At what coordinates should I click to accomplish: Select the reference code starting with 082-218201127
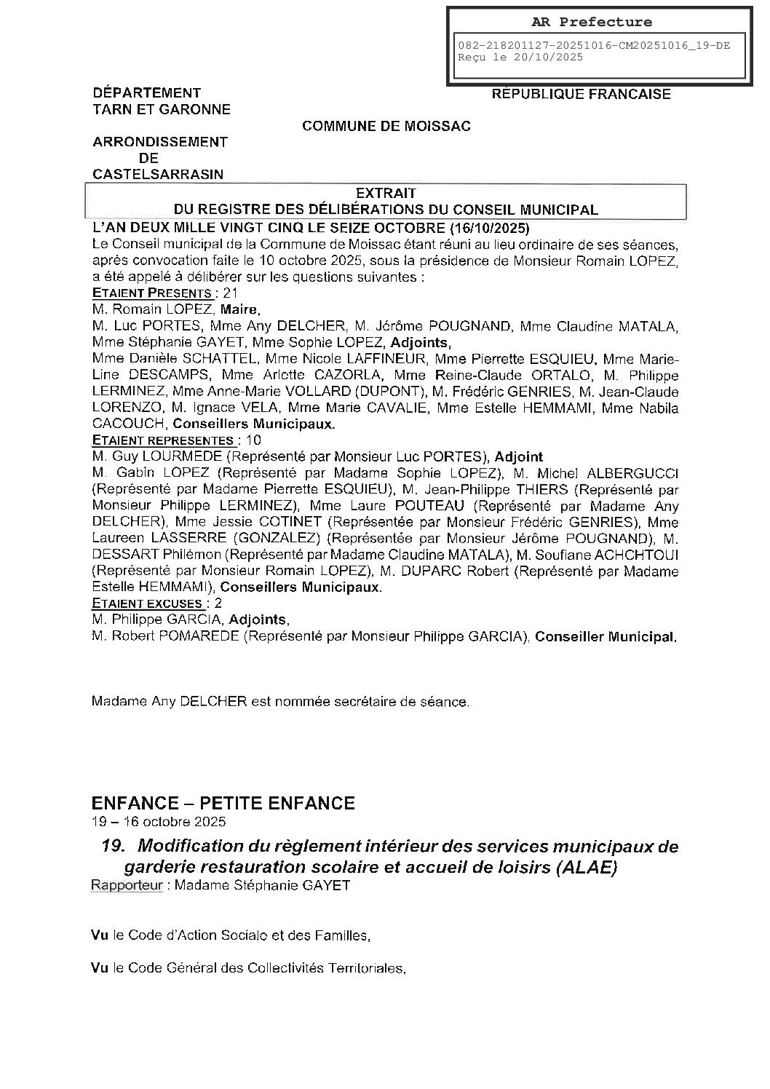tap(593, 45)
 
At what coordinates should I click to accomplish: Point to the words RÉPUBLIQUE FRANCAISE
tap(581, 94)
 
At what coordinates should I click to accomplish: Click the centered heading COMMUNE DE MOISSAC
tap(386, 126)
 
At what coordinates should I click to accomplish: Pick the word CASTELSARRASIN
tap(158, 174)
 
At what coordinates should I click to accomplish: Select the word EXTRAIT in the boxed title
tap(386, 193)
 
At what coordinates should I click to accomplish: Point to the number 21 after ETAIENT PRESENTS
tap(231, 293)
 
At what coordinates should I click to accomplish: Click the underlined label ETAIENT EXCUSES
tap(147, 603)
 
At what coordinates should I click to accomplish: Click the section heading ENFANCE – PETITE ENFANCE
tap(223, 803)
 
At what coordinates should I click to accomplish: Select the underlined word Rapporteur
tap(126, 886)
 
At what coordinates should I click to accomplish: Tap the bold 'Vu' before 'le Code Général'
tap(100, 968)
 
